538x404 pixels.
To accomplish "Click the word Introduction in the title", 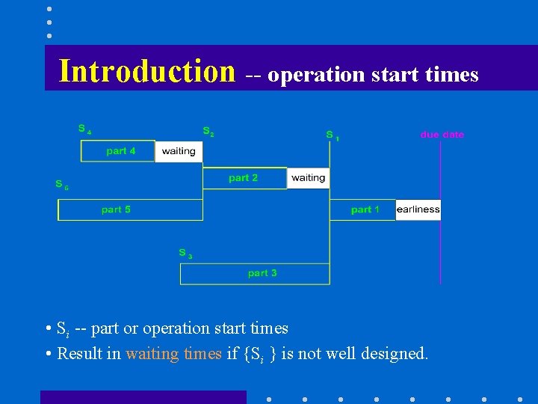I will (x=147, y=71).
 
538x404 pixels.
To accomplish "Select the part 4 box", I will (x=118, y=151).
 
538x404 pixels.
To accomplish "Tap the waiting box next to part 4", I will (x=179, y=151).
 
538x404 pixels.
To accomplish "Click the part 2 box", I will (x=244, y=178).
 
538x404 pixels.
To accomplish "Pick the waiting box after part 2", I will (x=308, y=178).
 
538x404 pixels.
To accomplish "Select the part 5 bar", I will (x=130, y=209).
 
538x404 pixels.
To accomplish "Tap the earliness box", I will (x=418, y=209).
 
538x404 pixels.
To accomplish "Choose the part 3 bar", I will (x=255, y=274).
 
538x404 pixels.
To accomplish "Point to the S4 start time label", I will (x=84, y=129).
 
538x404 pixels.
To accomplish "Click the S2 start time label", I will (x=208, y=131).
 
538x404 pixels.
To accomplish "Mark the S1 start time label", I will (x=332, y=135).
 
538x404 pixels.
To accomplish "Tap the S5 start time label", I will (x=61, y=184).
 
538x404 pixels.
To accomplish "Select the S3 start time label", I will (x=185, y=254).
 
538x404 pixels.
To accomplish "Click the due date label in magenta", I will (x=442, y=135).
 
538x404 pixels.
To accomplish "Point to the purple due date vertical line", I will (x=441, y=247).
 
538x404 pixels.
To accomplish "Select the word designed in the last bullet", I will (x=393, y=353).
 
